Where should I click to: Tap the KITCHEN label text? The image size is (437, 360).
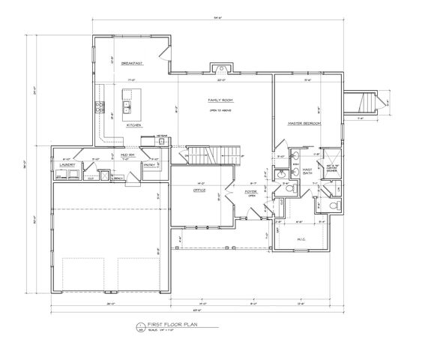pos(134,124)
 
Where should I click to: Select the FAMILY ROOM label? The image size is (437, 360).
pos(222,99)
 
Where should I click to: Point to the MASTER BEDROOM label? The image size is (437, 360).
pos(304,122)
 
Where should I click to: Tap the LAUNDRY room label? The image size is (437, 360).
pos(67,166)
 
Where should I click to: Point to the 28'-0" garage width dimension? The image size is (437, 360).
pos(111,302)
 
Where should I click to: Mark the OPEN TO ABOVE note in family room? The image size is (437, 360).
pos(222,109)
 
